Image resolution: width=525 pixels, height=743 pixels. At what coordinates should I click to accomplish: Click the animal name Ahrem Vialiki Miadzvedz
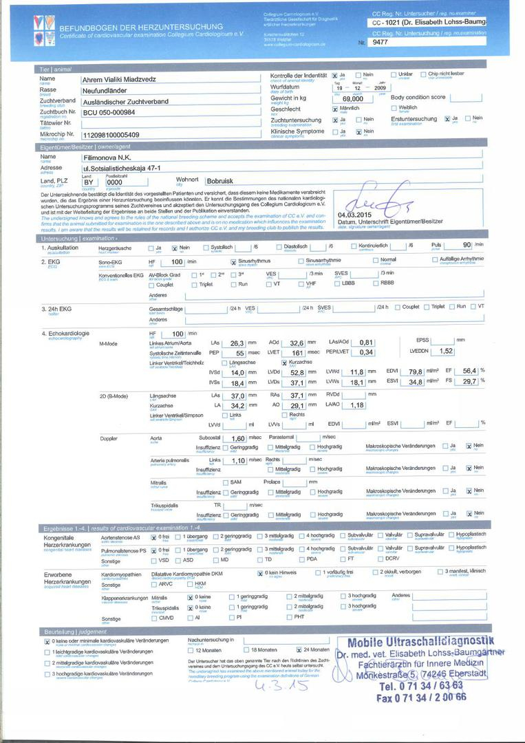coord(118,80)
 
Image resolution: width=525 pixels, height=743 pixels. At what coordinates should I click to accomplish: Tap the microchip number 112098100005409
coord(110,135)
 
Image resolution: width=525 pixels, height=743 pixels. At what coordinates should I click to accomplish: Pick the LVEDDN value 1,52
coord(446,351)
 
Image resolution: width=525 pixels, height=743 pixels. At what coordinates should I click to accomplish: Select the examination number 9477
coord(380,43)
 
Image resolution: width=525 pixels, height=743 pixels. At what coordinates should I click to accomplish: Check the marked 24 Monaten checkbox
coord(299,649)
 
